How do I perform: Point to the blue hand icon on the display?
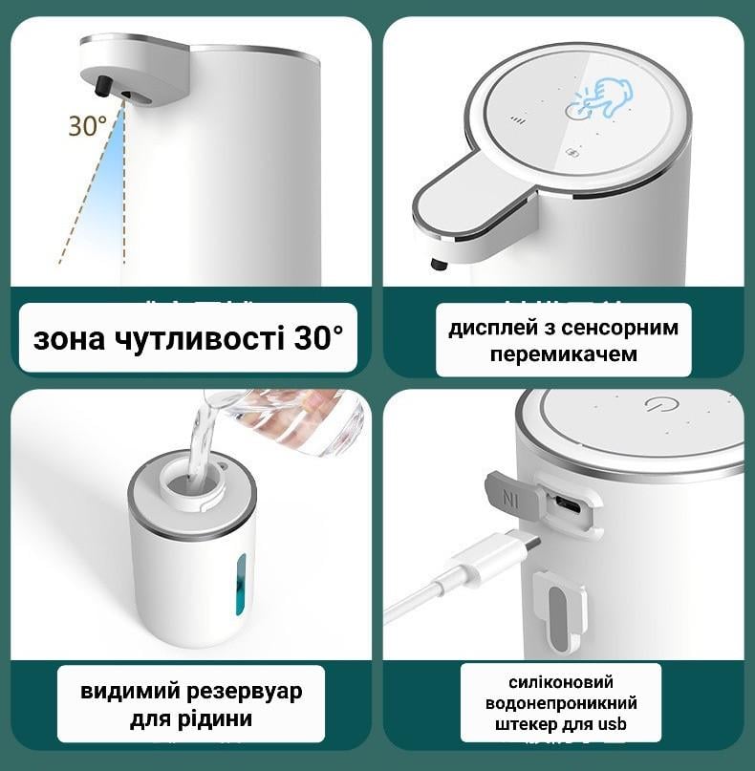(x=603, y=97)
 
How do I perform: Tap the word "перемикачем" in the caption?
(x=563, y=353)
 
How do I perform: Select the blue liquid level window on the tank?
(x=240, y=585)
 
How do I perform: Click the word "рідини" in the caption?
(x=219, y=718)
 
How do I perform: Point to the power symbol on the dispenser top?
(x=657, y=405)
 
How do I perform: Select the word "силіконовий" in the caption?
(x=561, y=681)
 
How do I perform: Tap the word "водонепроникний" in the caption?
(x=561, y=703)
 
